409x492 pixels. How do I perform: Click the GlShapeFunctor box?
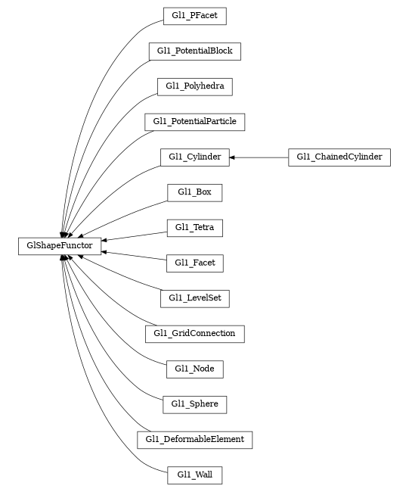tap(60, 245)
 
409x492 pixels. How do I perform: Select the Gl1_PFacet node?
tap(194, 16)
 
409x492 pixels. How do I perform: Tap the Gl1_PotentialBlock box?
tap(194, 51)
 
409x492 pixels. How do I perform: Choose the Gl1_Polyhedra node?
tap(194, 86)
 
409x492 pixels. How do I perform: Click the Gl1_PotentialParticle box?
tap(194, 121)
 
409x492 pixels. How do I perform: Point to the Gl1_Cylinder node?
tap(194, 157)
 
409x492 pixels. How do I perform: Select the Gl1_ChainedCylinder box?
tap(339, 157)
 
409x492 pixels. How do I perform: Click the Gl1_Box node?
tap(194, 192)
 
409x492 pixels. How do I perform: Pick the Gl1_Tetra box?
tap(194, 227)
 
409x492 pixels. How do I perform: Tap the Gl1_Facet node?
tap(194, 263)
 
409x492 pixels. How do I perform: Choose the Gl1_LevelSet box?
tap(194, 298)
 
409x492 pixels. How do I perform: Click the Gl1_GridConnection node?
tap(194, 333)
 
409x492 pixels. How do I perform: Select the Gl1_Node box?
tap(194, 369)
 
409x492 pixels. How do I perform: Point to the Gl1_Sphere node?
tap(194, 404)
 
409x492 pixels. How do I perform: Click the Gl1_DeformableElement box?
tap(194, 439)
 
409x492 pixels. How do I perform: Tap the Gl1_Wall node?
tap(194, 475)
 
